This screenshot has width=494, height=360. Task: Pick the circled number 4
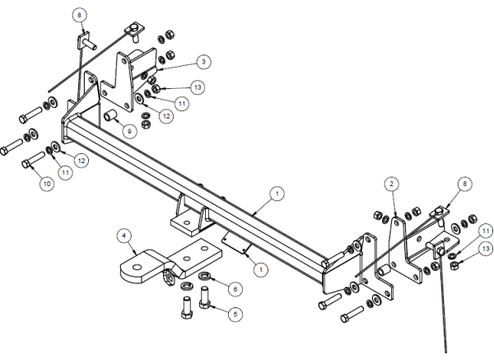coord(125,236)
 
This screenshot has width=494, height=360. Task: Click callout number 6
coord(235,289)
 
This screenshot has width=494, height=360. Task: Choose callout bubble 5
coord(235,313)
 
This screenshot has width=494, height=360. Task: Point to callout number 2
coord(394,183)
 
